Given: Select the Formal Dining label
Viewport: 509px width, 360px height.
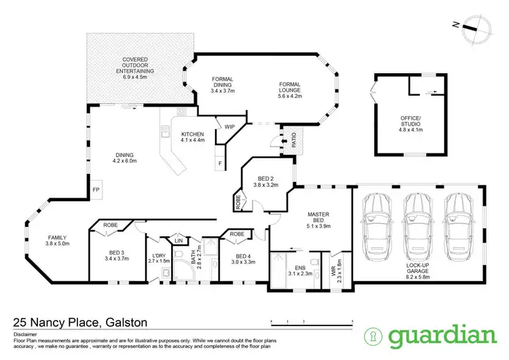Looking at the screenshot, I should click(222, 84).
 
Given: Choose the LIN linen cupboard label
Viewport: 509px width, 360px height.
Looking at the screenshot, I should click(178, 241).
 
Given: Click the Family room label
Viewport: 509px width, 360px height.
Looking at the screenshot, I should click(58, 239).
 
